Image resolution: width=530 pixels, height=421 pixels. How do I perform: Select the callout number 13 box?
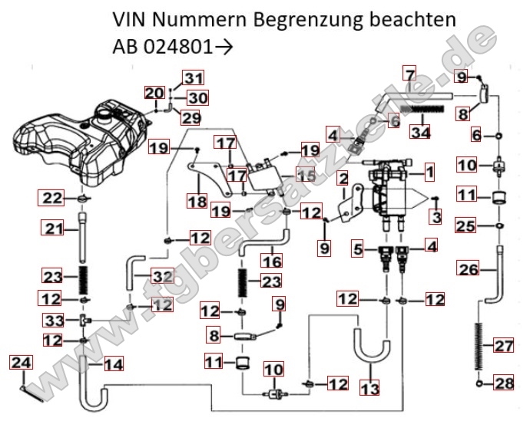point(369,389)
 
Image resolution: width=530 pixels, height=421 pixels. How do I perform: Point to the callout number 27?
point(502,346)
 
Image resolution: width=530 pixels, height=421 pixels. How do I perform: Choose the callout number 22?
point(51,199)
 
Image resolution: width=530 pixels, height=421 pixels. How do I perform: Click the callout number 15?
point(306,176)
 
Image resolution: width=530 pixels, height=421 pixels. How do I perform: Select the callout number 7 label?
point(409,75)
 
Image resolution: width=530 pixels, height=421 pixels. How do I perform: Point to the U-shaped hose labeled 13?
point(361,349)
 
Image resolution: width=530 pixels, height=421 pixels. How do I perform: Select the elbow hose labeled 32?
point(131,271)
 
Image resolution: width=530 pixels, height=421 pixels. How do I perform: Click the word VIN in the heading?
point(129,17)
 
